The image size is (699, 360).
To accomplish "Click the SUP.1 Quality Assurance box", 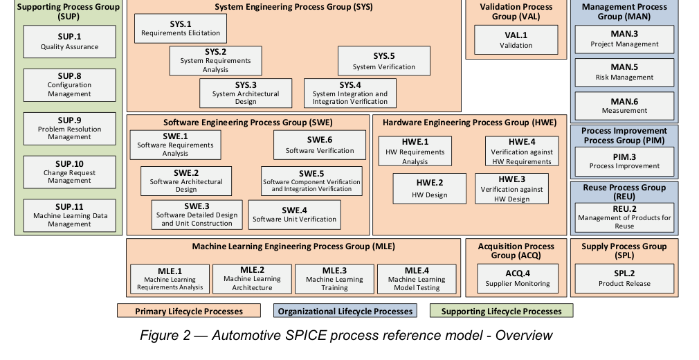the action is point(69,42).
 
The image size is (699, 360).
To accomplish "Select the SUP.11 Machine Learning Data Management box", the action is point(69,215).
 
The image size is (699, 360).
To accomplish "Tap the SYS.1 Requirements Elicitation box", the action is point(181,28).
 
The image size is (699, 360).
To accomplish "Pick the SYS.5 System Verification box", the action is point(384,61).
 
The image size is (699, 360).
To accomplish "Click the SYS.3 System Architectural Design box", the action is point(246,93).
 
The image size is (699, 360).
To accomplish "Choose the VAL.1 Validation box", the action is point(516,39).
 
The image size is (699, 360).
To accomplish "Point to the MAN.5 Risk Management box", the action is point(624,72).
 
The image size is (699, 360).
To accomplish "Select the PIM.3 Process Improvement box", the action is point(624,161).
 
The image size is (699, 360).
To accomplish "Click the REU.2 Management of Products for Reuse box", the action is point(624,217).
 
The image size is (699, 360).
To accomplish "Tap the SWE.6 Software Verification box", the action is point(320,145).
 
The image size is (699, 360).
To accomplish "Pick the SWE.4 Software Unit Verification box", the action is point(294,215).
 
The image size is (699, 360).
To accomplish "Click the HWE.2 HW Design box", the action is point(429,189).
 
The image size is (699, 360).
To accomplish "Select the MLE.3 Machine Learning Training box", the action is point(334,279).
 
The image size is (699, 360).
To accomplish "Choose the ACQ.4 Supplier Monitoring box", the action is point(518,278).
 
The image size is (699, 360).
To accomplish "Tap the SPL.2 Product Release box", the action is point(624,278).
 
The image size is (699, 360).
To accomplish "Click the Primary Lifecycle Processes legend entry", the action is point(188,311).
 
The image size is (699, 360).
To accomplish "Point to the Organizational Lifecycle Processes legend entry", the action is point(345,311).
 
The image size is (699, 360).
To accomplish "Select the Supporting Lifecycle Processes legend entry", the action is point(502,311).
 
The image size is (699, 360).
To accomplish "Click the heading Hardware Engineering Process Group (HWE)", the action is point(469,123).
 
